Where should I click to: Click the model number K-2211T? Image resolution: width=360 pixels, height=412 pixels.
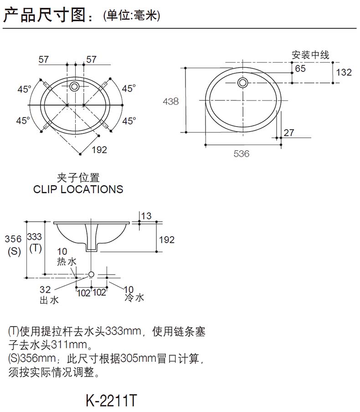pos(111,400)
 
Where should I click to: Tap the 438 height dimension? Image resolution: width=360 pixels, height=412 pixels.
pos(171,102)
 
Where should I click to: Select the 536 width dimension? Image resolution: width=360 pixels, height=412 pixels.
pos(242,154)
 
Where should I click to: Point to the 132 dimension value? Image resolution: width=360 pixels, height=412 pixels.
pos(344,72)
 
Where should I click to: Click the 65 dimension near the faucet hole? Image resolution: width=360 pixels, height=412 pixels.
pos(300,69)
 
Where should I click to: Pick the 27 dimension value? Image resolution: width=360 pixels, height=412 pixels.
pos(289,133)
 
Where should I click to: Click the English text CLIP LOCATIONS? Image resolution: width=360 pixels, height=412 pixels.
pos(78,189)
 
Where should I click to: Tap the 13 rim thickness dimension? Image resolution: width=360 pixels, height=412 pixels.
pos(146,216)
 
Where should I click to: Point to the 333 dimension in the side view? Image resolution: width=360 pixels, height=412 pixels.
pos(35,237)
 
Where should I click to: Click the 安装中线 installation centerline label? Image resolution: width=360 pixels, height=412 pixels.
pos(310,56)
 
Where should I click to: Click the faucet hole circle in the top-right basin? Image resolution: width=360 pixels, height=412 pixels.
pos(243,82)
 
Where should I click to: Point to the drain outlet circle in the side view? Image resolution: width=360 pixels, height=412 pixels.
pos(91,275)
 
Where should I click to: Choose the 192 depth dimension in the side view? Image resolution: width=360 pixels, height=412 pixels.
pos(167,239)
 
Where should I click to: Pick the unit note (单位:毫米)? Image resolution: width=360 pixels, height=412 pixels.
pos(132,16)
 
